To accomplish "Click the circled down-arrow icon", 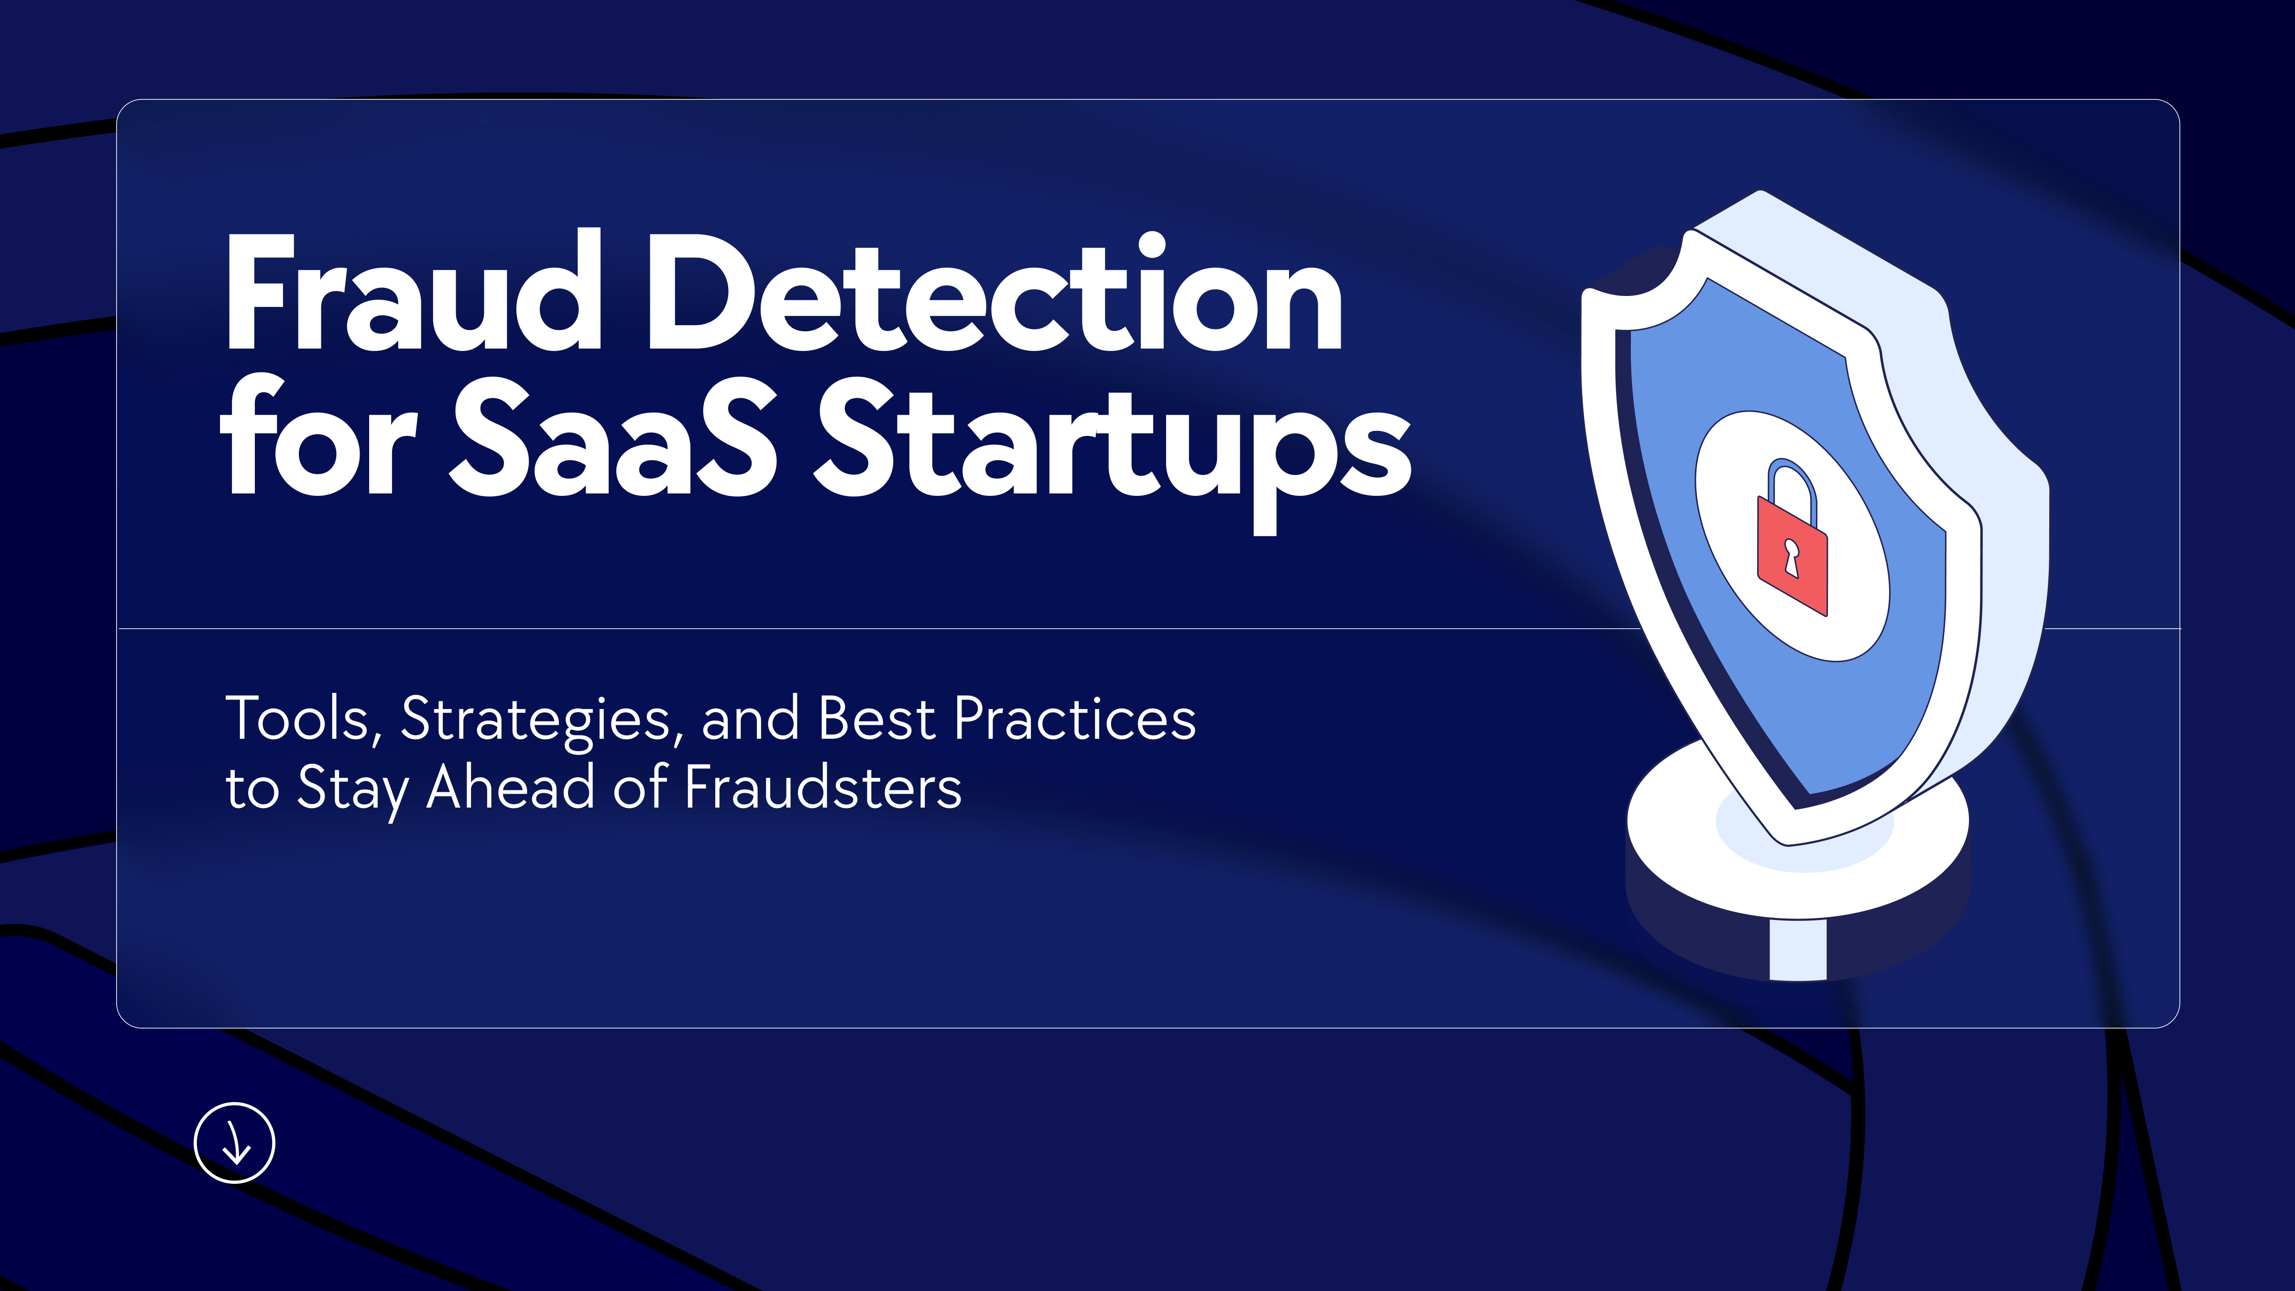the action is [234, 1143].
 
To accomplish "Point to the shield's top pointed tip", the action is [1760, 191].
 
